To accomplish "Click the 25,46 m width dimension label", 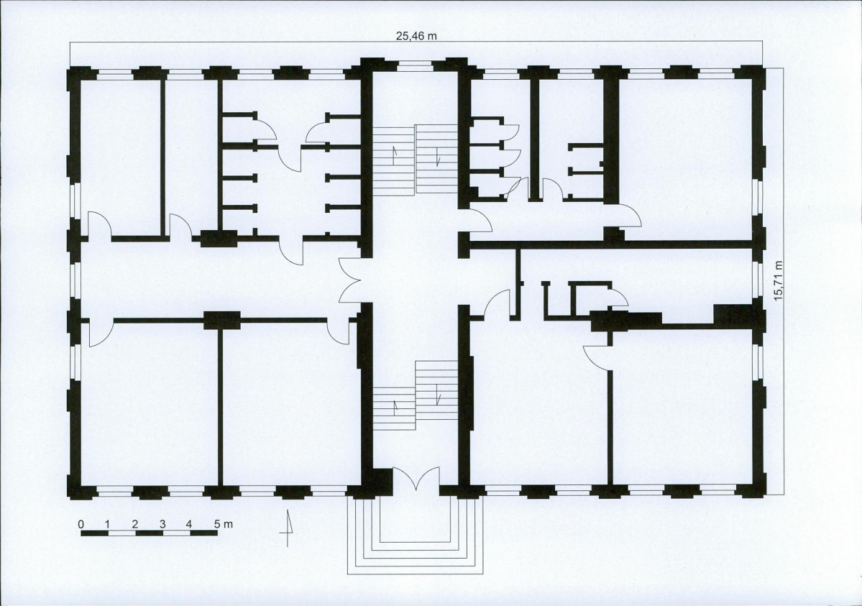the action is point(417,36).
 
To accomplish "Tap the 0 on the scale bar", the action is point(81,524).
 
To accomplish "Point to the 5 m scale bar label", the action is point(224,524).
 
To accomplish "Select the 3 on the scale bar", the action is point(162,524).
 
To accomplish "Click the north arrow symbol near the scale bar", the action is point(287,528).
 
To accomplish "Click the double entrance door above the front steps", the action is point(416,479).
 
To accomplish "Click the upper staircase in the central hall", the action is point(416,160).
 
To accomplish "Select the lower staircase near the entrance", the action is point(416,396).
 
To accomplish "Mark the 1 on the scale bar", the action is point(108,524).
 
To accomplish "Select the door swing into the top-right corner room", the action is point(631,215).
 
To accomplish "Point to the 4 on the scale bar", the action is point(189,524).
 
